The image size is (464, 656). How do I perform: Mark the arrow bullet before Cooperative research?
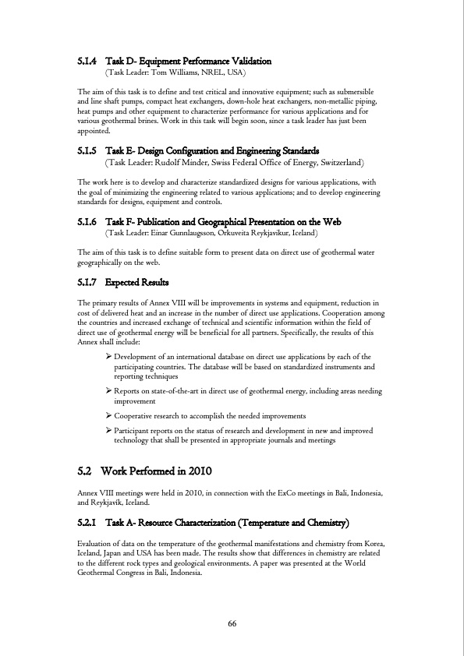coord(108,416)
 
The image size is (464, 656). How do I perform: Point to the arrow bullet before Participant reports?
coord(108,431)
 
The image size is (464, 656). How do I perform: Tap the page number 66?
coord(232,623)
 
